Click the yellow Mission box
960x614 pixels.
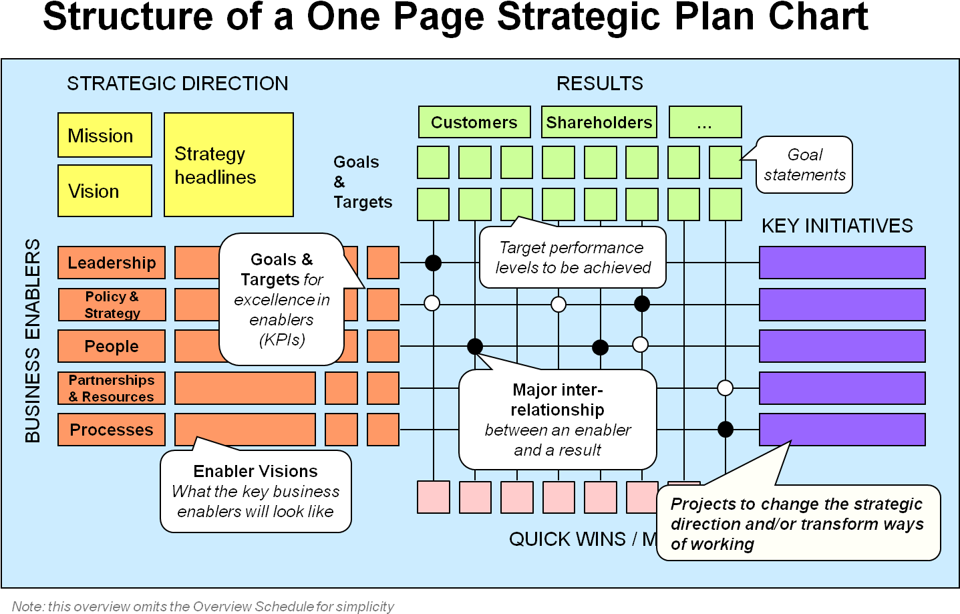point(105,136)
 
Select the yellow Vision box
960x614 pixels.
point(105,191)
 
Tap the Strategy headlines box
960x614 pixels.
point(228,165)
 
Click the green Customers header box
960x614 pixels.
point(474,122)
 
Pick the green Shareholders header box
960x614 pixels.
point(599,122)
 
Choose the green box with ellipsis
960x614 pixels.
point(705,122)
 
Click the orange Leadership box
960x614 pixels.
point(112,263)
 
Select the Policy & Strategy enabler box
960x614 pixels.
point(112,305)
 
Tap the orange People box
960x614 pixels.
point(112,346)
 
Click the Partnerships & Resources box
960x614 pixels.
point(112,388)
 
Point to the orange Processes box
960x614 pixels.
point(112,430)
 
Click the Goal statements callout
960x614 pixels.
point(804,165)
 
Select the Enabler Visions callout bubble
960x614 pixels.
point(256,492)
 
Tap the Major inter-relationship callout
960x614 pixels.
point(558,420)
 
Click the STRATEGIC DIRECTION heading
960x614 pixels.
point(178,84)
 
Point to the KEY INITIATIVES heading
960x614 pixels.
point(837,226)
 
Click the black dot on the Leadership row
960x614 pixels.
point(434,263)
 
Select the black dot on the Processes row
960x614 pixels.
point(726,430)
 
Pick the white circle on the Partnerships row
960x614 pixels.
point(725,388)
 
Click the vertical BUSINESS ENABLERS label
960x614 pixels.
point(33,341)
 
